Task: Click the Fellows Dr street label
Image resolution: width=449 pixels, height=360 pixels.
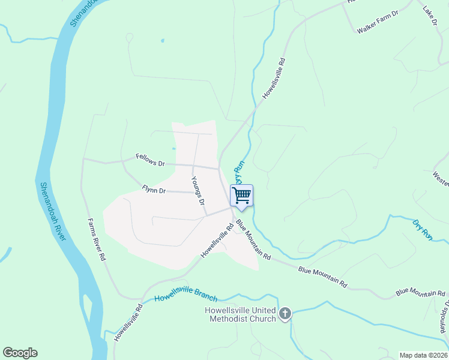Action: pos(150,163)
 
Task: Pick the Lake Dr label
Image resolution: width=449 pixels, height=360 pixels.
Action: pos(430,16)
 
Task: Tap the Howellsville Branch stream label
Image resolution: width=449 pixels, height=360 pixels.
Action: pos(185,297)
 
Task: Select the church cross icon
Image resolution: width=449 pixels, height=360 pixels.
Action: pos(285,313)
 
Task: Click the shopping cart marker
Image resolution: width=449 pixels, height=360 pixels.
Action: pos(241,195)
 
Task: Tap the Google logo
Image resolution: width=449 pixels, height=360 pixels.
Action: pos(20,353)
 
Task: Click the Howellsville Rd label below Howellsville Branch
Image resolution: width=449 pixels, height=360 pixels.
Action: pos(128,322)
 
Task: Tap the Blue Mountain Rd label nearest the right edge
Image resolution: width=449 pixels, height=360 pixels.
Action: pos(420,293)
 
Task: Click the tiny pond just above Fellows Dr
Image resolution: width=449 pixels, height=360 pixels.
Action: pos(173,148)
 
